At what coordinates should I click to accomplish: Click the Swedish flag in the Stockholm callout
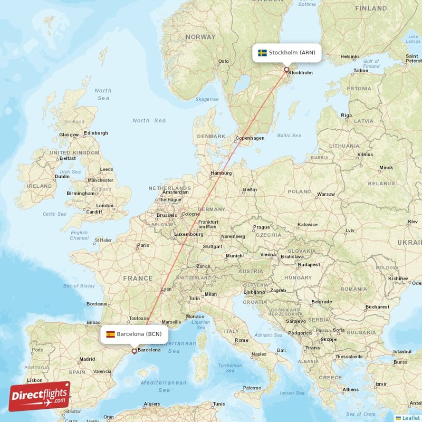tap(262, 53)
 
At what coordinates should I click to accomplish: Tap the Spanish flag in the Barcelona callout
tap(111, 334)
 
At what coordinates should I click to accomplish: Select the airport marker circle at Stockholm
tap(286, 69)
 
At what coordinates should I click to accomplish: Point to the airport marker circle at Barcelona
tap(134, 350)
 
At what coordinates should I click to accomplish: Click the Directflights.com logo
tap(40, 396)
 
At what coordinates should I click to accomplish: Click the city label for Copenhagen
tap(250, 138)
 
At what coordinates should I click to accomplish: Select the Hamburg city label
tap(221, 173)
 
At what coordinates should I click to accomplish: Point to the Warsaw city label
tap(325, 194)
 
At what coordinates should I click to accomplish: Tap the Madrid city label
tap(87, 359)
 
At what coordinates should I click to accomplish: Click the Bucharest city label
tap(377, 306)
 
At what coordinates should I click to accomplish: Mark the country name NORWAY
tap(200, 37)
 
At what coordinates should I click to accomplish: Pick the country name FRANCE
tap(138, 278)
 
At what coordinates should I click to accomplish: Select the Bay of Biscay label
tap(79, 286)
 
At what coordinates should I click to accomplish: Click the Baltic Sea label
tap(289, 136)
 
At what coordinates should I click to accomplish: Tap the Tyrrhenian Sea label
tap(230, 368)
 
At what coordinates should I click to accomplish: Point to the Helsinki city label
tap(349, 56)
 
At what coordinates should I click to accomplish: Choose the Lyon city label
tap(167, 289)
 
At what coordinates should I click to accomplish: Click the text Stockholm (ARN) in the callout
tap(292, 53)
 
